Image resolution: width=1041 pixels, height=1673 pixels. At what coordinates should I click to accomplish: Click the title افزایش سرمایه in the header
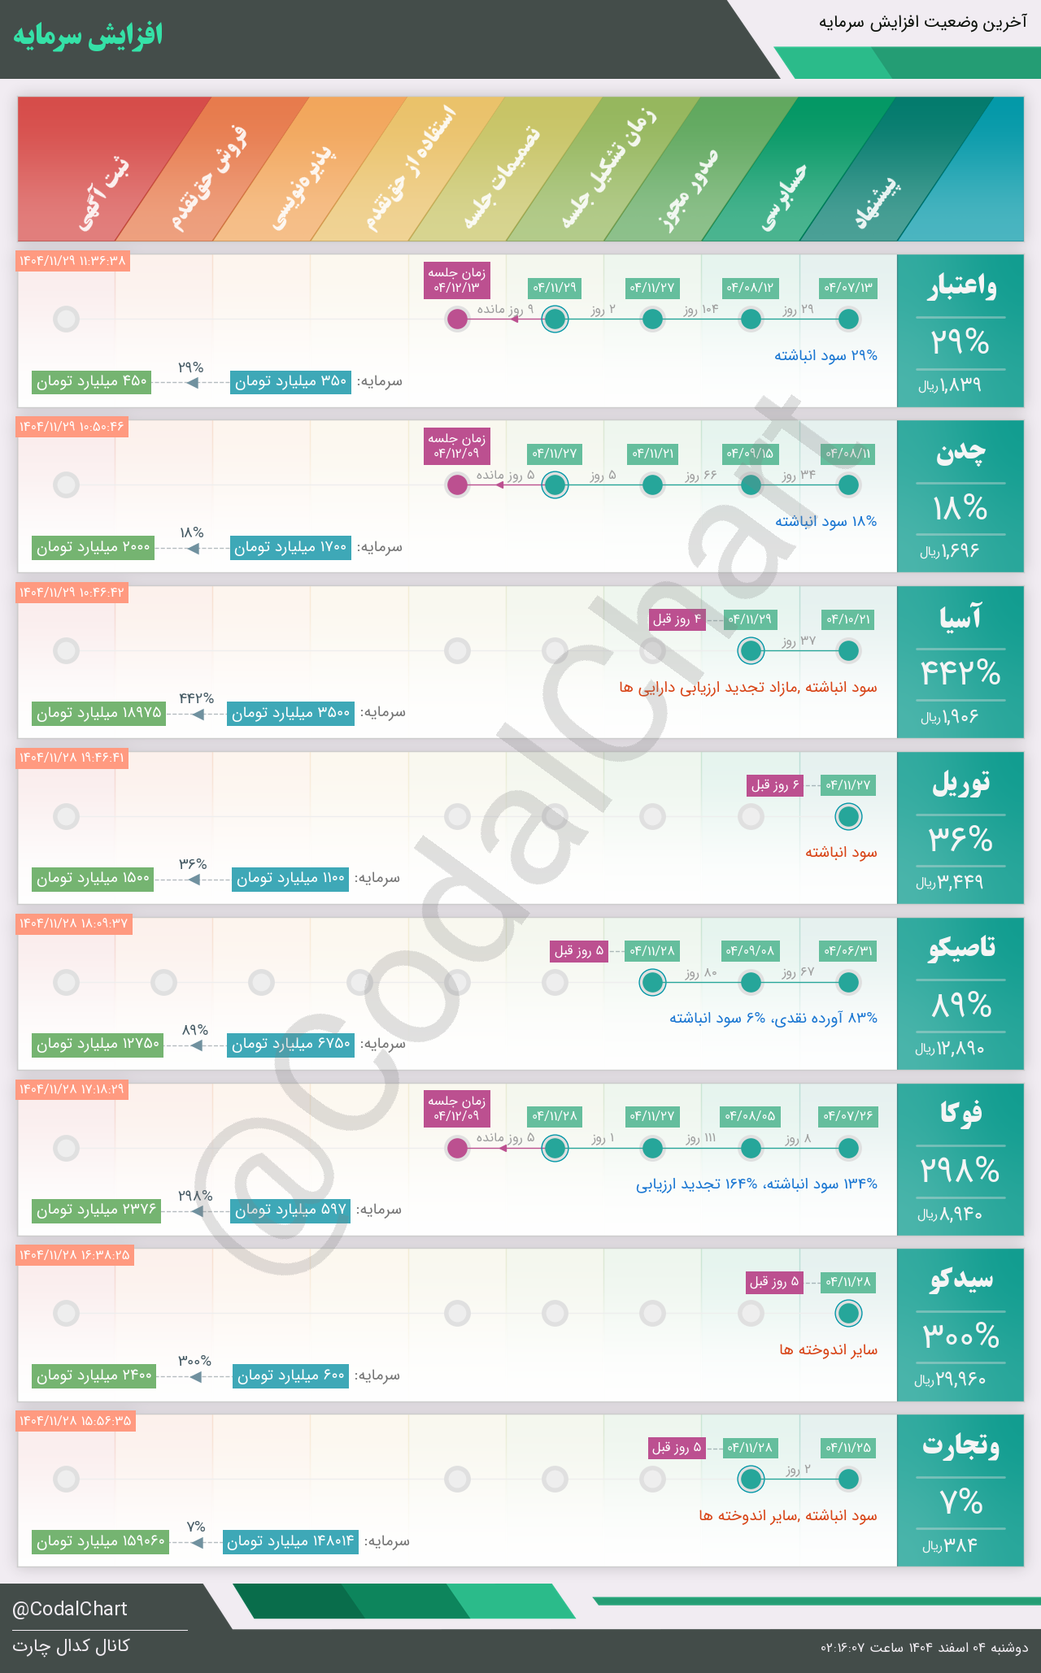[x=88, y=36]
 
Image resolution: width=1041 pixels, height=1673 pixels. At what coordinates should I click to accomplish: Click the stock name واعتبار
[x=961, y=287]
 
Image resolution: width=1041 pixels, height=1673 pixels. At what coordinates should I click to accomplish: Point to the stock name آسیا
[x=960, y=618]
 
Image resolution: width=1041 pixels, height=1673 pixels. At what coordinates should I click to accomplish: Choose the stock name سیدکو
[x=961, y=1280]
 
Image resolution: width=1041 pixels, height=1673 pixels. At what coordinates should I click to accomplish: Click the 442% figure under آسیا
[x=960, y=673]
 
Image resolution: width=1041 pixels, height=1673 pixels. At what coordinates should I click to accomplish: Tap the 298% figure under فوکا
[x=960, y=1171]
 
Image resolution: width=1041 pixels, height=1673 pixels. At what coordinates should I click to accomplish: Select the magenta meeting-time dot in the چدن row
[x=458, y=485]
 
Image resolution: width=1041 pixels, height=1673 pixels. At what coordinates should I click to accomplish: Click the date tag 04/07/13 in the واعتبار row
[x=848, y=288]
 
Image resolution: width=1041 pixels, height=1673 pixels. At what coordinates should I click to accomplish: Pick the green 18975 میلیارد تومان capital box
[x=98, y=713]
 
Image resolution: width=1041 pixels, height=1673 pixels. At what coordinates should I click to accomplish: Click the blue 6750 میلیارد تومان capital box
[x=290, y=1044]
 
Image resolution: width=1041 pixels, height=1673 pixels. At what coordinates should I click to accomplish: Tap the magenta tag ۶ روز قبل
[x=775, y=785]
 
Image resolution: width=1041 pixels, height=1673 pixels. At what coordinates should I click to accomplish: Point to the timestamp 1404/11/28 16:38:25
[x=74, y=1255]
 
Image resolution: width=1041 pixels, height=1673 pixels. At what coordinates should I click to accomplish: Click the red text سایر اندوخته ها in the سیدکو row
[x=828, y=1349]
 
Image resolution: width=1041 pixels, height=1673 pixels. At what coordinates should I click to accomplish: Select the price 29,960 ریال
[x=951, y=1380]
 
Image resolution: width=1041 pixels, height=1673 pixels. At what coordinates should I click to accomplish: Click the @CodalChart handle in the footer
[x=70, y=1609]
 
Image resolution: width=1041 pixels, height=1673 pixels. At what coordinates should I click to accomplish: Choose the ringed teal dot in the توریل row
[x=848, y=816]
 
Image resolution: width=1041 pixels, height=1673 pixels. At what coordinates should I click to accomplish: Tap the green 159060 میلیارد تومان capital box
[x=100, y=1541]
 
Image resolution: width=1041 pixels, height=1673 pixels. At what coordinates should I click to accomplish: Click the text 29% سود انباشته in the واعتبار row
[x=825, y=355]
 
